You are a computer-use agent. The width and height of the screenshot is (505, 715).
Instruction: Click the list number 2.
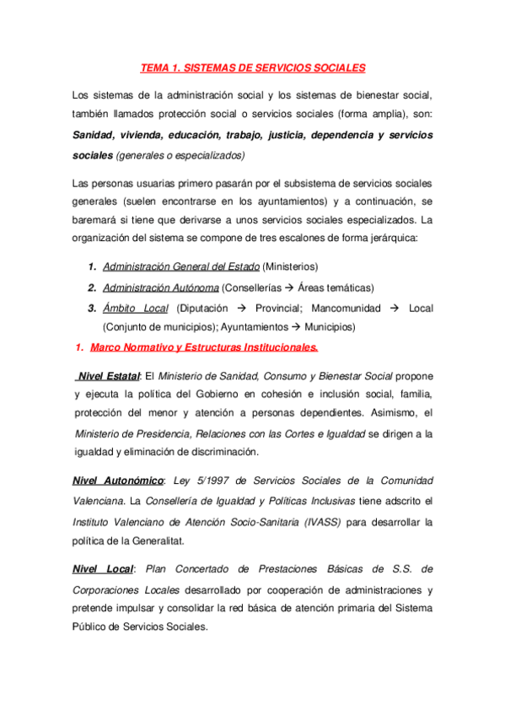click(x=92, y=288)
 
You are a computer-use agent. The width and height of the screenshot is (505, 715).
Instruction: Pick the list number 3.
click(x=92, y=308)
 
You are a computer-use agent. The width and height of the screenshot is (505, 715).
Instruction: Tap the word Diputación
click(x=207, y=308)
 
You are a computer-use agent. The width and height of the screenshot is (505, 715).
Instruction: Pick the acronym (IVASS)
click(x=319, y=522)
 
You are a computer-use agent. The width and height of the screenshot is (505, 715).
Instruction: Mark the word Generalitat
click(x=154, y=542)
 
